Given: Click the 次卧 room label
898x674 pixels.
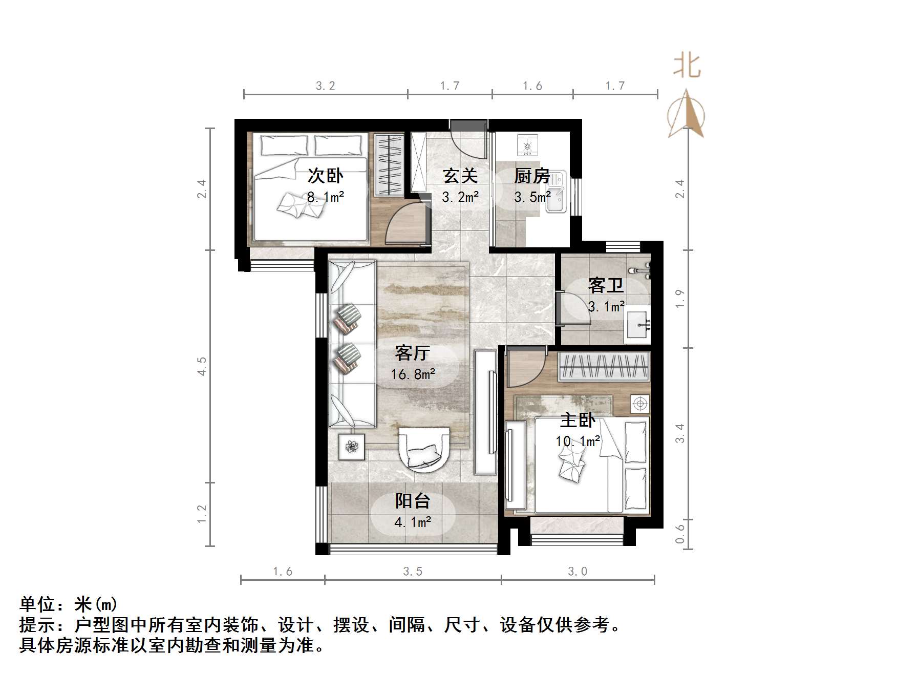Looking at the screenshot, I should (325, 176).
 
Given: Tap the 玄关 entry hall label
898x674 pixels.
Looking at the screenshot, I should (460, 176).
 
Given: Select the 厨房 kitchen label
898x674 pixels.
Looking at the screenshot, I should (532, 176).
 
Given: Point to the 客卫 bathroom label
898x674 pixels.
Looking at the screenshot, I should (606, 285).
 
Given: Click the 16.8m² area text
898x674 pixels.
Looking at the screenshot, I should (413, 374).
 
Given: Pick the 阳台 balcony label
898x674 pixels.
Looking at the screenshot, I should (412, 501).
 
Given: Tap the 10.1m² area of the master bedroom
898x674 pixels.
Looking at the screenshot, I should (578, 441).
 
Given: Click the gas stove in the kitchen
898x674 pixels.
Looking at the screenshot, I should (528, 145).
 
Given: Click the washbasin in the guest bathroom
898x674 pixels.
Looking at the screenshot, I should (638, 325).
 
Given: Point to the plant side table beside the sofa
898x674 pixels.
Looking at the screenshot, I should (351, 447).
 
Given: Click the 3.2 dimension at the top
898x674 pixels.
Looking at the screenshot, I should (326, 86).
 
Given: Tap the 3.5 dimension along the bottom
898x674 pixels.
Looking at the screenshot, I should (413, 572).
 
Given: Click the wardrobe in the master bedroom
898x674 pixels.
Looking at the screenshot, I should (604, 367).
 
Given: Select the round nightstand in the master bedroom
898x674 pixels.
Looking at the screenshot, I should (639, 404).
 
